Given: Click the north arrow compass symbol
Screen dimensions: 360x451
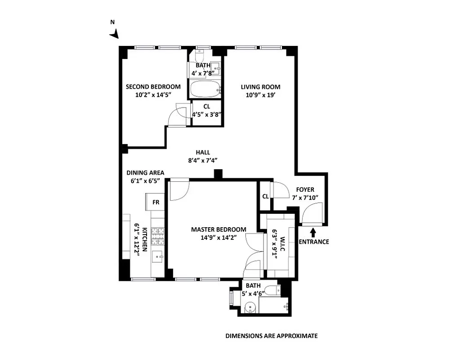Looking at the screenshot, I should pos(115,34).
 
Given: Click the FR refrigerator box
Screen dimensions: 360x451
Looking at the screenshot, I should pos(156,202).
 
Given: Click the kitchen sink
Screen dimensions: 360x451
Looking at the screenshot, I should pos(158,257).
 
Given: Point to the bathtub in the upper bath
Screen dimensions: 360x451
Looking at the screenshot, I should pos(205,90).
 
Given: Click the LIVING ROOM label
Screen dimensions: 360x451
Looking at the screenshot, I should pos(260,87).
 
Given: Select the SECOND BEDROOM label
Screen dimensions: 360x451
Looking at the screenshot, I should pos(153,87).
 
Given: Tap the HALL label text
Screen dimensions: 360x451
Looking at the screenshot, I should pos(202,152).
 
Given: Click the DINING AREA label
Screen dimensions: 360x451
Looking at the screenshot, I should pos(145,172).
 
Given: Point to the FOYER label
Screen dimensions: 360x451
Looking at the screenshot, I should pos(305,189).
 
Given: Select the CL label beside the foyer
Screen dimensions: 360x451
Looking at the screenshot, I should pos(265,196).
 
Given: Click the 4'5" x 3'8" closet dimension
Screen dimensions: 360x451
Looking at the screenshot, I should pos(207,114).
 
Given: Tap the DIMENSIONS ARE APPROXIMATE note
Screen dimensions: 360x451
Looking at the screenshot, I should pos(271,336).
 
